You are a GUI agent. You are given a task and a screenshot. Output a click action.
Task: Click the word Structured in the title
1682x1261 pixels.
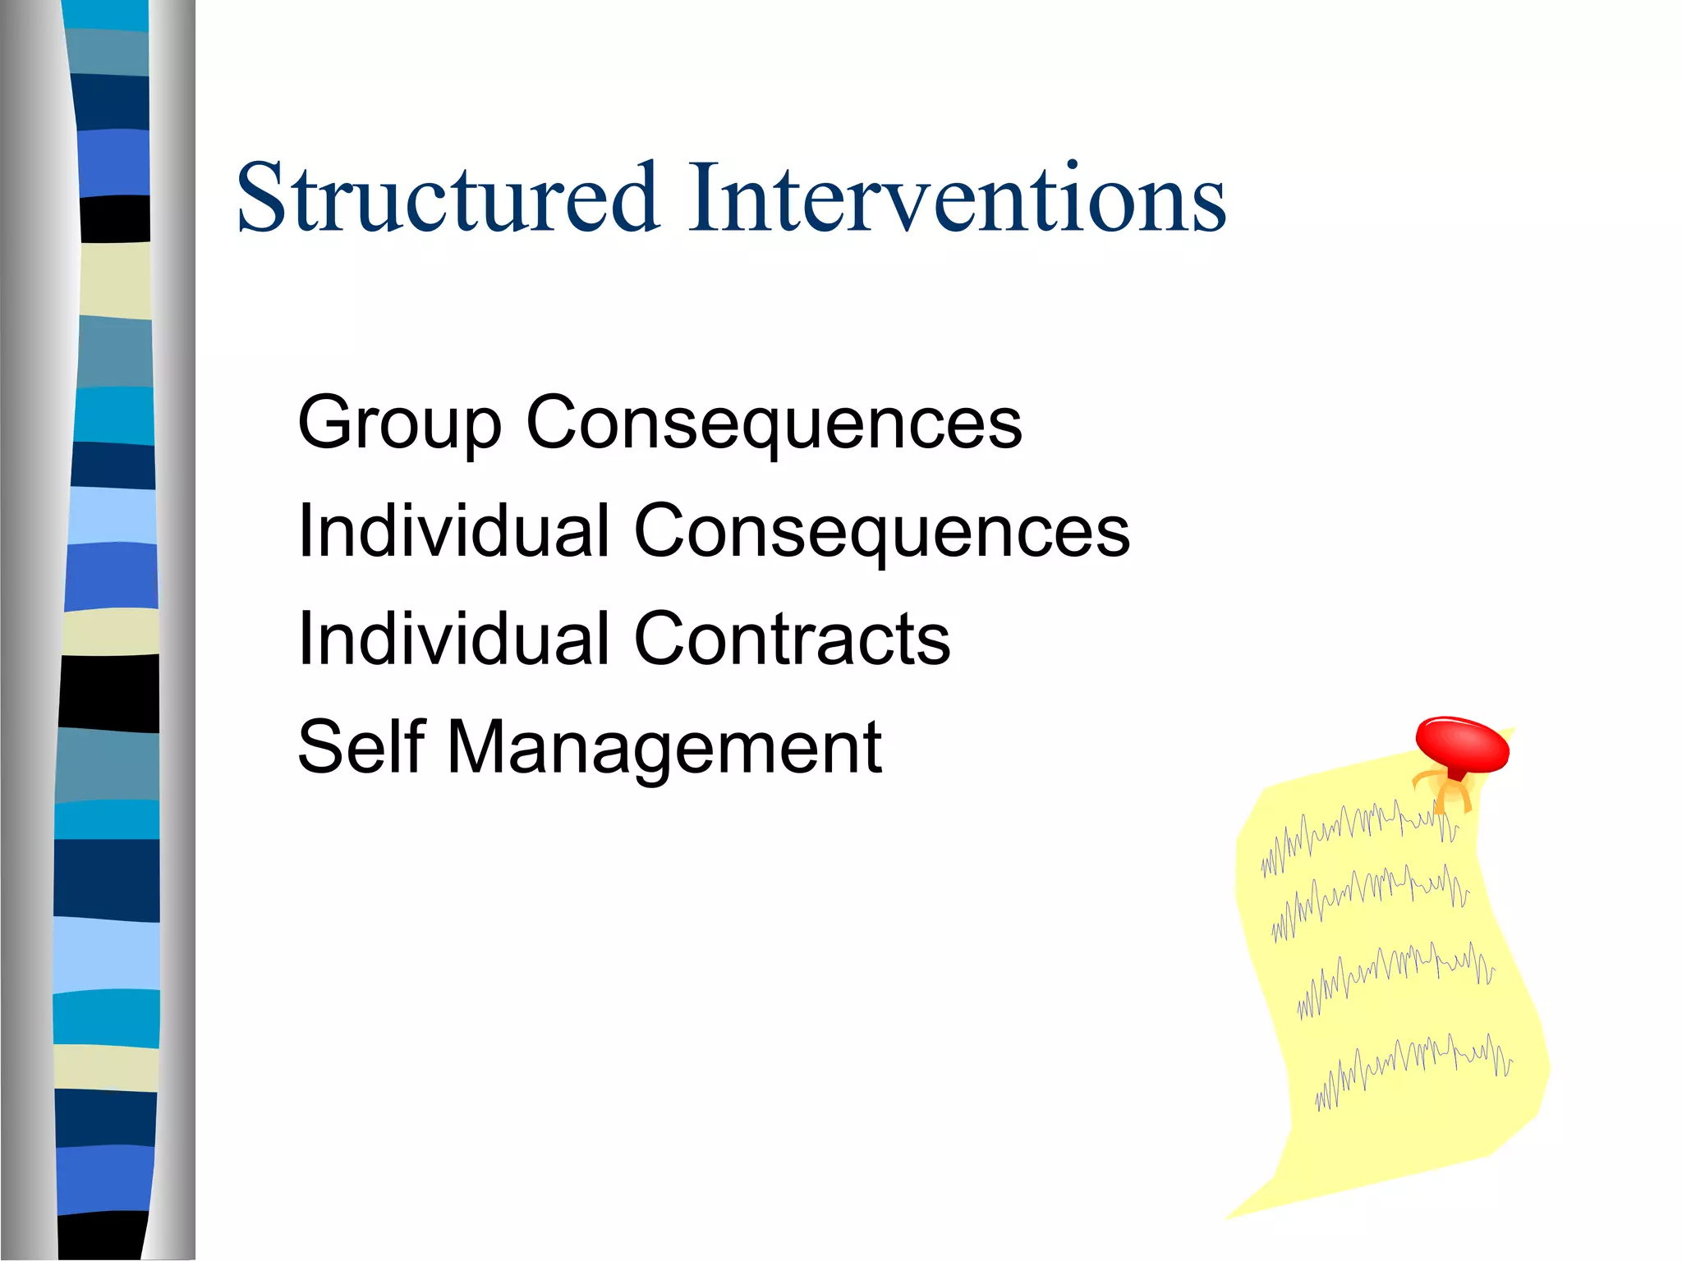[448, 199]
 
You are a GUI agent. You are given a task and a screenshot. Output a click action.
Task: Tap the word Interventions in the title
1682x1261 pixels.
[957, 199]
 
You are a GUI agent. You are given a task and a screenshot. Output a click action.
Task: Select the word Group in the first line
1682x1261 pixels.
[399, 424]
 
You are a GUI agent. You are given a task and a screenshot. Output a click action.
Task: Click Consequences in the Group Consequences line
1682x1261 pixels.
[774, 424]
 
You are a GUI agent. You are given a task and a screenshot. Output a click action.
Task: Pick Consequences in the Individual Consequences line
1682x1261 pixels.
[882, 532]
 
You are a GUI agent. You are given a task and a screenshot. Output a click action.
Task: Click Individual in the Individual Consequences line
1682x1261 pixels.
[454, 532]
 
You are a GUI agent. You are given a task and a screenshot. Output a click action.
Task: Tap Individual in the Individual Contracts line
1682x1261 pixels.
[454, 640]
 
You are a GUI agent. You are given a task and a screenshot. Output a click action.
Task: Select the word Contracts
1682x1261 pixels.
[792, 640]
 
